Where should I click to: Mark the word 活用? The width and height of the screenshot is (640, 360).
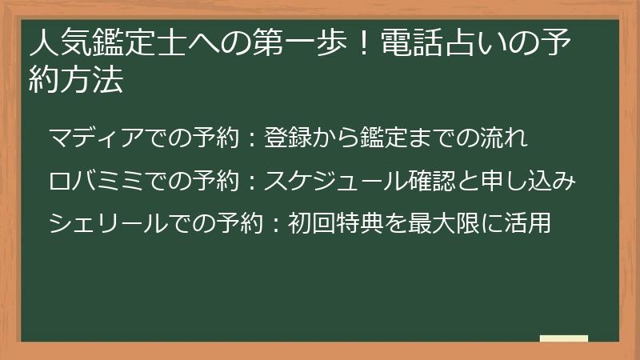[531, 222]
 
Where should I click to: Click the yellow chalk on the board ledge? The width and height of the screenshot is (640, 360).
[563, 338]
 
